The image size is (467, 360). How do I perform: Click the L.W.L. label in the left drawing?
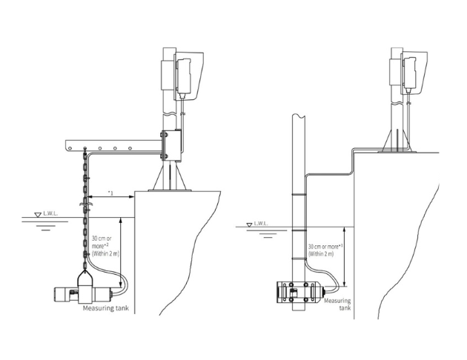[x=50, y=213]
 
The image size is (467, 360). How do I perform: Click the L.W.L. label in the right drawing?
[x=261, y=224]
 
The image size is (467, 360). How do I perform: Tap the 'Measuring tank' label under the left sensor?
[x=106, y=308]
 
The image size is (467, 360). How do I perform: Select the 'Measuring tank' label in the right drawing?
[x=337, y=304]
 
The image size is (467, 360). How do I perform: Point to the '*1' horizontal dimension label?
[x=110, y=193]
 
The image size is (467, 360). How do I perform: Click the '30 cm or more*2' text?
[x=102, y=242]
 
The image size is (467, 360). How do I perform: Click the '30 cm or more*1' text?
[x=325, y=247]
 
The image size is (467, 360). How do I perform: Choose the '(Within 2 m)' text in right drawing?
[x=321, y=254]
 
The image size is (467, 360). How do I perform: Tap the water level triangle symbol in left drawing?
[x=38, y=215]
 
